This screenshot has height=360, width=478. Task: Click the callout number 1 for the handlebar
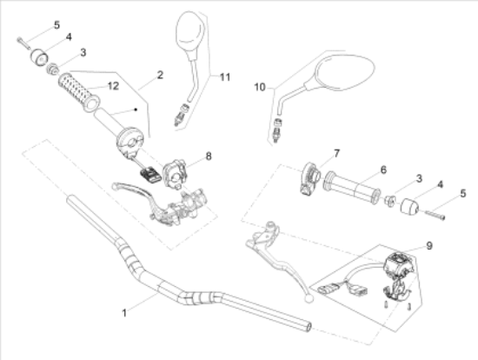coord(124,313)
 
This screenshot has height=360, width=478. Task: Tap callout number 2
coord(161,75)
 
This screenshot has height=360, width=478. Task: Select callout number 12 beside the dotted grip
coord(113,86)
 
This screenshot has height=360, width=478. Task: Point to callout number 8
coord(209,157)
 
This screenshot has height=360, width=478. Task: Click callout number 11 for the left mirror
coord(225,77)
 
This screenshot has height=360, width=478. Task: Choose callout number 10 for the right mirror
coord(260,87)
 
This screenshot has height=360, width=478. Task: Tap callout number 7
coord(336,153)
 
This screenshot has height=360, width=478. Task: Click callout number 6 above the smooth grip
coord(383,170)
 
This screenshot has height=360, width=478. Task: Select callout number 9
coord(429,245)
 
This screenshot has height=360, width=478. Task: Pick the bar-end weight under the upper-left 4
coord(40,57)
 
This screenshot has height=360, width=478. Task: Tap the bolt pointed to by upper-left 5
coord(23,43)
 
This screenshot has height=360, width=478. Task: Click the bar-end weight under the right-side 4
coord(409,206)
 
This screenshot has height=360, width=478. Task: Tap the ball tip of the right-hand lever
coord(309,298)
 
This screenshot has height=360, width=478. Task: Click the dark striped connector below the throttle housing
coord(150,174)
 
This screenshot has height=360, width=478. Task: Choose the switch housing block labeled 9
coord(399,263)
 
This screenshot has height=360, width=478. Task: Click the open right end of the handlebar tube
coord(309,327)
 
